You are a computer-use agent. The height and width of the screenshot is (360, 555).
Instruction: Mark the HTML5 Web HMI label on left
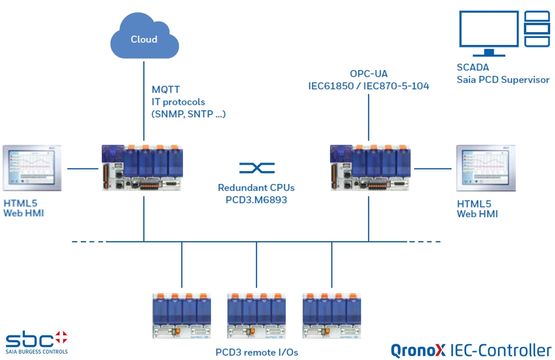[28, 212]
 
